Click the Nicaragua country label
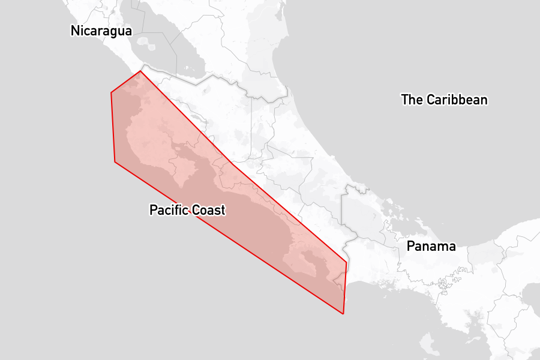tap(101, 31)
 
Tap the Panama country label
tap(431, 246)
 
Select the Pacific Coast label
tap(187, 210)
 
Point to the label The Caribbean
tap(444, 100)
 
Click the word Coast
tap(208, 210)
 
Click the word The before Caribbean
tap(412, 100)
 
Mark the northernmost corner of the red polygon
tap(140, 71)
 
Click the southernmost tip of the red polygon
tap(343, 314)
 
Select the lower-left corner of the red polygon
tap(115, 161)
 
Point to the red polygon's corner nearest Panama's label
tap(347, 262)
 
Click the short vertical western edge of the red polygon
tap(113, 126)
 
